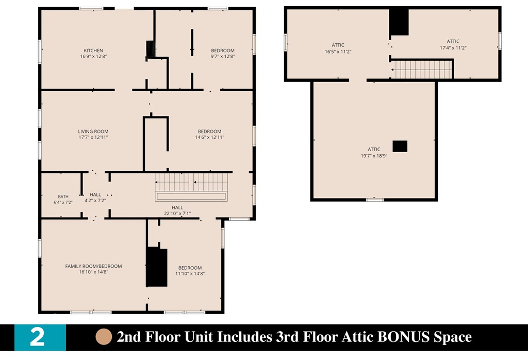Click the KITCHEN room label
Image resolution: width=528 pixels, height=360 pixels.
point(93,51)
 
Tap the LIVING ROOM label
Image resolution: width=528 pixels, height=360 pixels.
point(93,132)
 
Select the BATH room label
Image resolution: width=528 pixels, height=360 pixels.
point(63,197)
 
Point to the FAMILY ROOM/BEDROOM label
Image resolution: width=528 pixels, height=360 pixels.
point(94,266)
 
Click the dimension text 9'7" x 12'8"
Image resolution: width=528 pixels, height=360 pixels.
point(223,56)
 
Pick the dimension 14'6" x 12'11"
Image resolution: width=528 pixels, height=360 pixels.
point(209,137)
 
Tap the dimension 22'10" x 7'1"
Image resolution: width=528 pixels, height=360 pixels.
point(177,213)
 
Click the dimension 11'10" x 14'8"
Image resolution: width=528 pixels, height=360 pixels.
point(190,273)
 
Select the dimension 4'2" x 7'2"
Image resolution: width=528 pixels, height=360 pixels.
point(95,201)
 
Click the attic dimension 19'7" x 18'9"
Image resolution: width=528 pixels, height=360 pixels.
point(374,156)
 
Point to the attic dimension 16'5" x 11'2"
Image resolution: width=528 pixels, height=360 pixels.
point(338,52)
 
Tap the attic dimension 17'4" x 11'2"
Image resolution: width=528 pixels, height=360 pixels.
point(453,48)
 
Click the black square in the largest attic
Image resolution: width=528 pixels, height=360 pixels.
point(400,146)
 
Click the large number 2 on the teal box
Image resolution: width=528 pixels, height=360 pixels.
point(37,337)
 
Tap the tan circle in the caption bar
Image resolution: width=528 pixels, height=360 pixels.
point(104,337)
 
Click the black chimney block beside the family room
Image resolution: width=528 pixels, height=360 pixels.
point(157,267)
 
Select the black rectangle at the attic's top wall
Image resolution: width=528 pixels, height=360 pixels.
point(399,22)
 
